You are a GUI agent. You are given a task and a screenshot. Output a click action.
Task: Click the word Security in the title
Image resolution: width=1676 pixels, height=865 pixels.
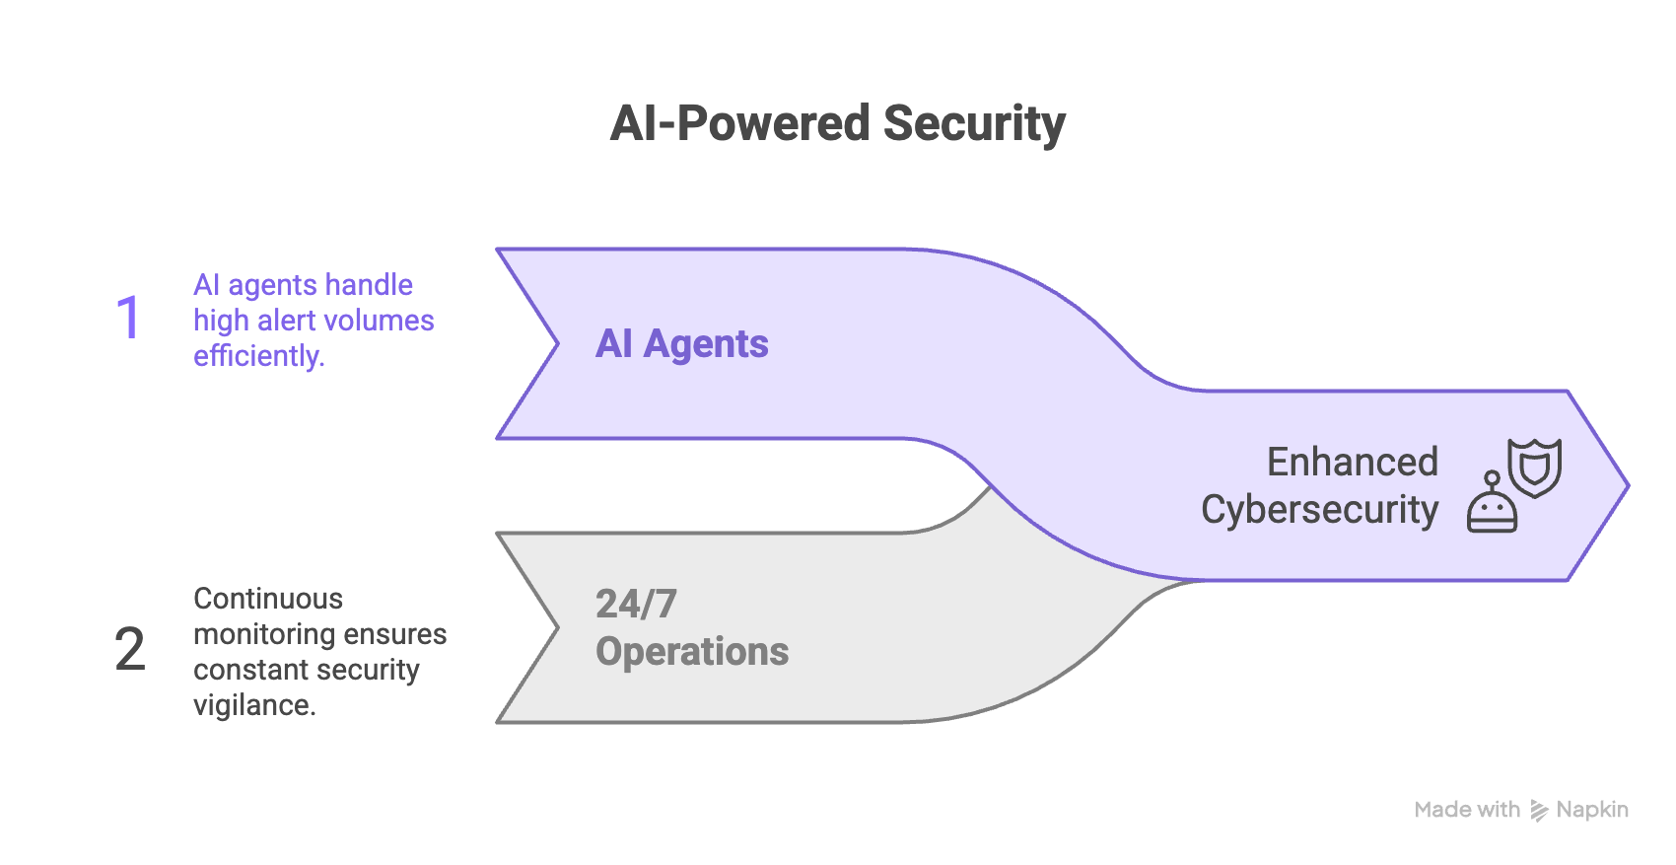(974, 125)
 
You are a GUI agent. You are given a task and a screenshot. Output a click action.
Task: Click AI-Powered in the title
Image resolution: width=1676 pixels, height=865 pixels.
(739, 125)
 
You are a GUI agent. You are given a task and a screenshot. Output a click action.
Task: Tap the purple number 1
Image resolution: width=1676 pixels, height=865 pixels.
(128, 319)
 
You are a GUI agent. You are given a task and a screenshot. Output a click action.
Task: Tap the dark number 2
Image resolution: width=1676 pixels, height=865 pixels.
(129, 650)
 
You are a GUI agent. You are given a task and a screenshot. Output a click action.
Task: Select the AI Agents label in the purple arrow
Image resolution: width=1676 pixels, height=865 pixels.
(681, 344)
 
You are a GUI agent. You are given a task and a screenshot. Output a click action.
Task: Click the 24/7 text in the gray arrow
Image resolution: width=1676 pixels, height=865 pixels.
(636, 604)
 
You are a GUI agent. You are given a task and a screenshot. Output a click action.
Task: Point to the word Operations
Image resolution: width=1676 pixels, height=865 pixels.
(692, 652)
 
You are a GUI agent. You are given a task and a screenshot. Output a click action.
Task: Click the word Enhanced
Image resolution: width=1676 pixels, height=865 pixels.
(1352, 462)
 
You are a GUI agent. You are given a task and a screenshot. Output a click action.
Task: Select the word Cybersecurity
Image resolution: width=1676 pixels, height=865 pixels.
(1319, 510)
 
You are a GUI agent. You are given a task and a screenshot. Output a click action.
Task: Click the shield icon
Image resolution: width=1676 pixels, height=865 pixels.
(1534, 468)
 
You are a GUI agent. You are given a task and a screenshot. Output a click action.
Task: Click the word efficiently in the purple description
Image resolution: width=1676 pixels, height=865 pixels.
(258, 356)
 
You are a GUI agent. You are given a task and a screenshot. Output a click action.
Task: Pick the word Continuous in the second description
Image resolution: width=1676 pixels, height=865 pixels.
(268, 599)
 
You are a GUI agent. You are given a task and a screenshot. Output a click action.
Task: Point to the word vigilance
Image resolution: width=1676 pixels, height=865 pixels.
(254, 705)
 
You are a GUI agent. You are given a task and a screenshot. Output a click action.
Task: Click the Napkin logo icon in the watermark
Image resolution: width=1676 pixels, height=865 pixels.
(1538, 811)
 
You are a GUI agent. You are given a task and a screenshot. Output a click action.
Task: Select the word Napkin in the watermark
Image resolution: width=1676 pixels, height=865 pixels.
(1591, 810)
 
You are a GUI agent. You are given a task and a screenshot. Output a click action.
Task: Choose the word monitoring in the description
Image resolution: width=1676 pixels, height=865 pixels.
(254, 634)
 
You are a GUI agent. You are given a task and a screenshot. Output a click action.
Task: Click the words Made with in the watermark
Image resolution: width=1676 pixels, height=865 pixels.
(1467, 810)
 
